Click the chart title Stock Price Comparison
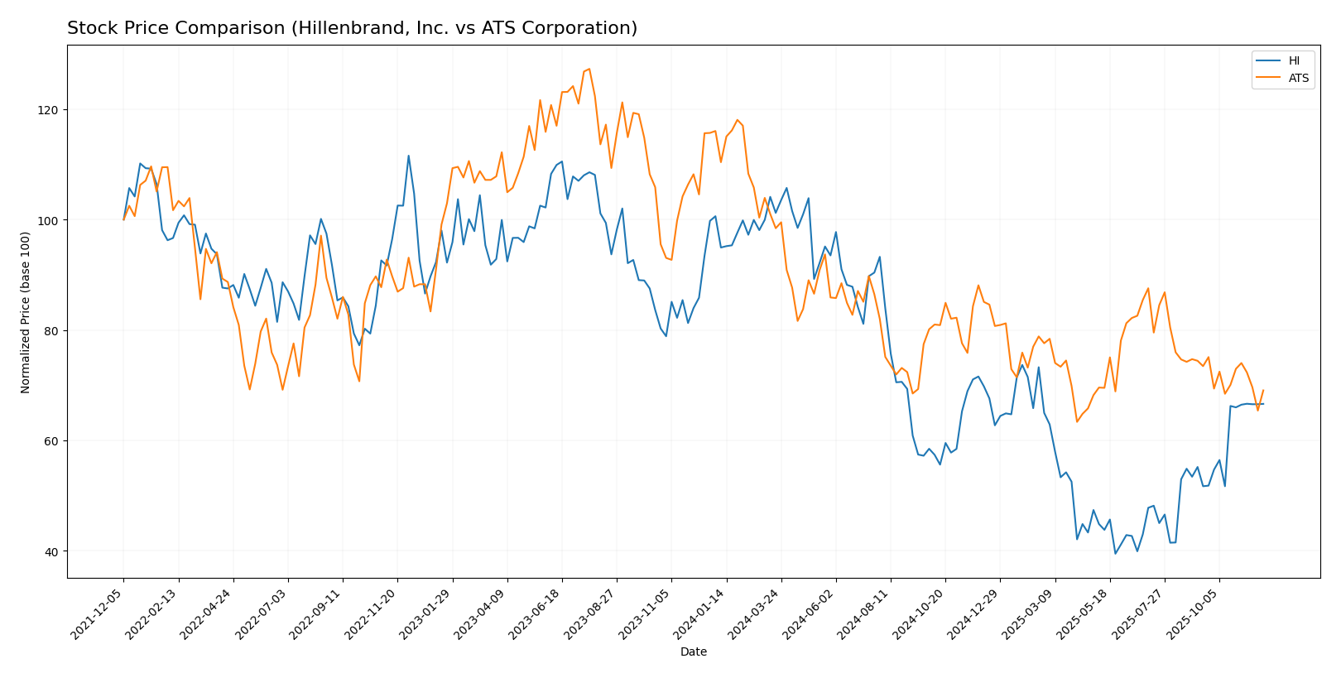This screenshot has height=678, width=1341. click(x=352, y=28)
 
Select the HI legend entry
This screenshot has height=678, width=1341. click(x=1293, y=60)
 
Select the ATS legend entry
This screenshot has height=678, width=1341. click(x=1298, y=78)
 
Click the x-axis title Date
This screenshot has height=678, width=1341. click(x=693, y=652)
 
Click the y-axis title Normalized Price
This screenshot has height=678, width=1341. click(x=26, y=312)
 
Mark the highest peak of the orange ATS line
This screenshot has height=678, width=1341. click(x=589, y=69)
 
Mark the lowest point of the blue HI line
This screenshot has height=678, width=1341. click(x=1115, y=553)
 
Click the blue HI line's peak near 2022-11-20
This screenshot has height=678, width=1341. click(x=408, y=156)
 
